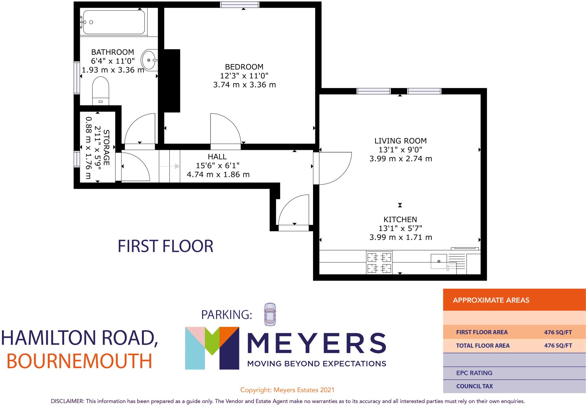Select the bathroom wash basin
coord(150,60)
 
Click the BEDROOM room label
coord(244,67)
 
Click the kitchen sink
coord(439,261)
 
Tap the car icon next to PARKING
coord(270,314)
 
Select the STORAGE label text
coord(106,147)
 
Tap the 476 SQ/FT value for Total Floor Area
coord(558,345)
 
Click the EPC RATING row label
coord(474,373)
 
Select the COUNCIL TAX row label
coord(474,386)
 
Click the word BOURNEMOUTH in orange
coord(79,361)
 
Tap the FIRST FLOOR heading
coord(165,246)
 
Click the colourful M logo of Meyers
coord(212,348)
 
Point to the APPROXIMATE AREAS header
coord(491,300)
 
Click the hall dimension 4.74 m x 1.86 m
coord(218,174)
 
